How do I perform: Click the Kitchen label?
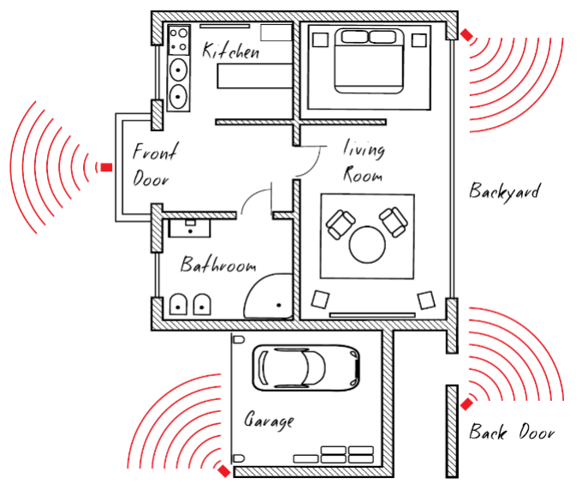(230, 51)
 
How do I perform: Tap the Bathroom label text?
(218, 265)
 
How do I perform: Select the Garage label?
(269, 421)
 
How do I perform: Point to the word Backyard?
(504, 190)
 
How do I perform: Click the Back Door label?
(511, 432)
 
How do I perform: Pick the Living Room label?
(364, 162)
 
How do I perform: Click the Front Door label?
(154, 166)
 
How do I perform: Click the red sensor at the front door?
(106, 167)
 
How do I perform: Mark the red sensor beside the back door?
(466, 403)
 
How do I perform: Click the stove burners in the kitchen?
(180, 39)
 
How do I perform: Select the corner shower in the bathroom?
(269, 296)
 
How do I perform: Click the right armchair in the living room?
(394, 221)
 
